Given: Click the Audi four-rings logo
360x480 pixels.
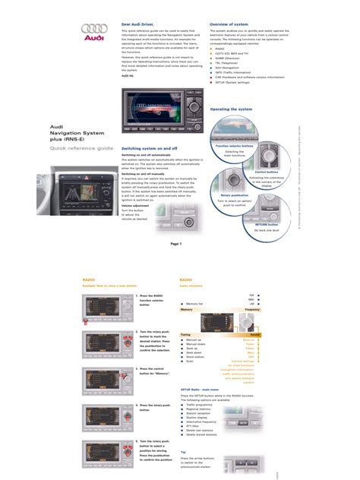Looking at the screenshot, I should point(92,30).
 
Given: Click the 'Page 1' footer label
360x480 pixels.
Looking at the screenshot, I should point(177,244).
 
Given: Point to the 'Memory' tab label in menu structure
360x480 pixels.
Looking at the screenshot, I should point(186,310).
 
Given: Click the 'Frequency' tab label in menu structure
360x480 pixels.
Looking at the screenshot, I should point(252,310).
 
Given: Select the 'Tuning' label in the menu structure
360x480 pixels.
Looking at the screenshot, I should point(185,334).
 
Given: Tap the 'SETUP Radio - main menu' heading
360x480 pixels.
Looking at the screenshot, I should point(204,388).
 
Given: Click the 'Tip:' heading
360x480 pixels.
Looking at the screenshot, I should point(183,451).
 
